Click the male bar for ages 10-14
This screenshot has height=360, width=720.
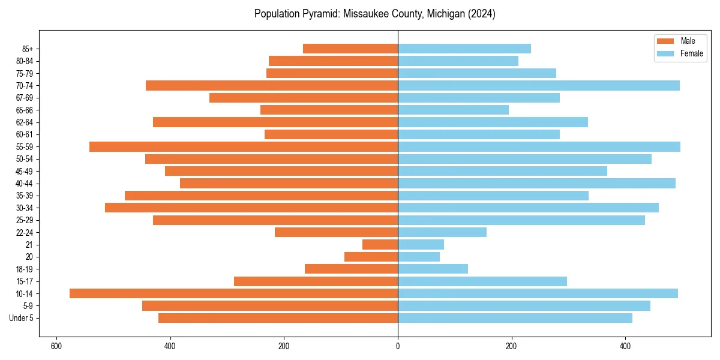(x=233, y=293)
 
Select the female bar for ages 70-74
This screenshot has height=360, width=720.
(x=538, y=86)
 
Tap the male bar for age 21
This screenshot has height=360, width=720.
(x=380, y=245)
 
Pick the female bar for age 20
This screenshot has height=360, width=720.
(x=419, y=257)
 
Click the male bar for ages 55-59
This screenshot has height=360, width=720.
(x=244, y=147)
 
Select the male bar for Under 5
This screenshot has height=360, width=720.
(x=278, y=318)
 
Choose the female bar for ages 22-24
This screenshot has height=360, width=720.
(x=442, y=232)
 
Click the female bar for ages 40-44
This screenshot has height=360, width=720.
(x=536, y=184)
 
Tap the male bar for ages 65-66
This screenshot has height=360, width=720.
(x=329, y=110)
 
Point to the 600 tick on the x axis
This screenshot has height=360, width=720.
(x=56, y=346)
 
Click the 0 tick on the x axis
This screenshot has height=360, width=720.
(x=398, y=346)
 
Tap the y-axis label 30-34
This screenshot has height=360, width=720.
(x=25, y=208)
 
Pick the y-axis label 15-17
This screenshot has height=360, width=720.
(x=25, y=281)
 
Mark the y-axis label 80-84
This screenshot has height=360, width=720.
(x=25, y=61)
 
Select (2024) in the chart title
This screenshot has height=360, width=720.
(x=481, y=14)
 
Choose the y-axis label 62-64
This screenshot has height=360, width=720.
(x=25, y=122)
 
